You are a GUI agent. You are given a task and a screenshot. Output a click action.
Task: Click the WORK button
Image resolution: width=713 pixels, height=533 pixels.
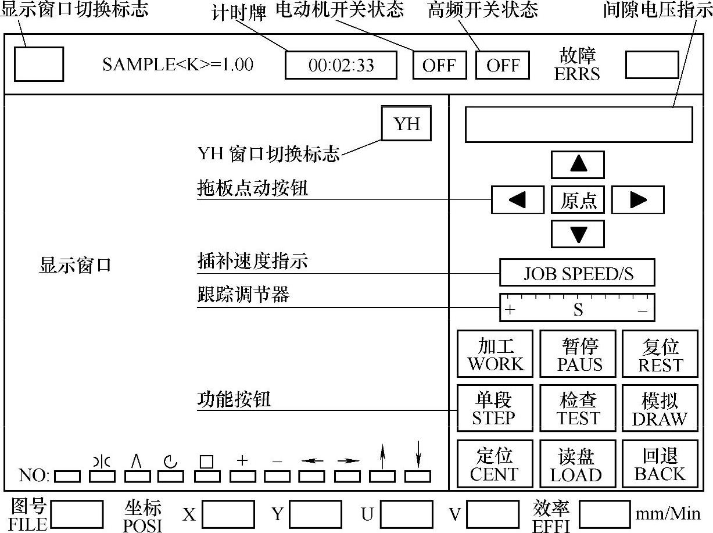coord(495,355)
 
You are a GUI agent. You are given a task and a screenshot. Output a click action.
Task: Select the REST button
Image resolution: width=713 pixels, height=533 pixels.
coord(660,355)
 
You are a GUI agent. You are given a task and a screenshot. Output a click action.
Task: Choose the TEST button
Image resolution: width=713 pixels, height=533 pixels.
coord(578,409)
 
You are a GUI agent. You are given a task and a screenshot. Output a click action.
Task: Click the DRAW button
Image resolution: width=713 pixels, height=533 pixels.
coord(660,409)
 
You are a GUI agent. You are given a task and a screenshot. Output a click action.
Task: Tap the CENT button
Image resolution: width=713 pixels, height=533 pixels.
coord(495,464)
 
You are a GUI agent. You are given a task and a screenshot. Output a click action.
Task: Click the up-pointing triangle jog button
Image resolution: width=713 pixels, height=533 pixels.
coord(578,165)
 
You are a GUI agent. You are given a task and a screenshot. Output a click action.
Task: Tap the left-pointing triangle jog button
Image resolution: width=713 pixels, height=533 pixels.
coord(517,200)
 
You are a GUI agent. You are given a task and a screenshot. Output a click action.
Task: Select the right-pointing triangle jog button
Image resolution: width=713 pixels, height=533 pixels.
coord(637,200)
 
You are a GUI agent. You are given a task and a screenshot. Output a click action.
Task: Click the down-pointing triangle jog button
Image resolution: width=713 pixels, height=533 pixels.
coord(578,234)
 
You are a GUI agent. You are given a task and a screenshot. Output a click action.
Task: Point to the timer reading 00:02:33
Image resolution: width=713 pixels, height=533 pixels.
coord(341,65)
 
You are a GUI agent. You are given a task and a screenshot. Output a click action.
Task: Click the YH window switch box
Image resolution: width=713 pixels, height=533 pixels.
coord(406,124)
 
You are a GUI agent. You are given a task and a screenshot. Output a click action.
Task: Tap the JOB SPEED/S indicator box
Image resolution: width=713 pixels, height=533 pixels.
coord(577,273)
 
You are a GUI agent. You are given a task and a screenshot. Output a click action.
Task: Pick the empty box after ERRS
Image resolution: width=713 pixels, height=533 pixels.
coord(651,65)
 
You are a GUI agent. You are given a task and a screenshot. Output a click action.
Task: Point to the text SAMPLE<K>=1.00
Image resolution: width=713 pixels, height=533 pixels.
coord(178,65)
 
